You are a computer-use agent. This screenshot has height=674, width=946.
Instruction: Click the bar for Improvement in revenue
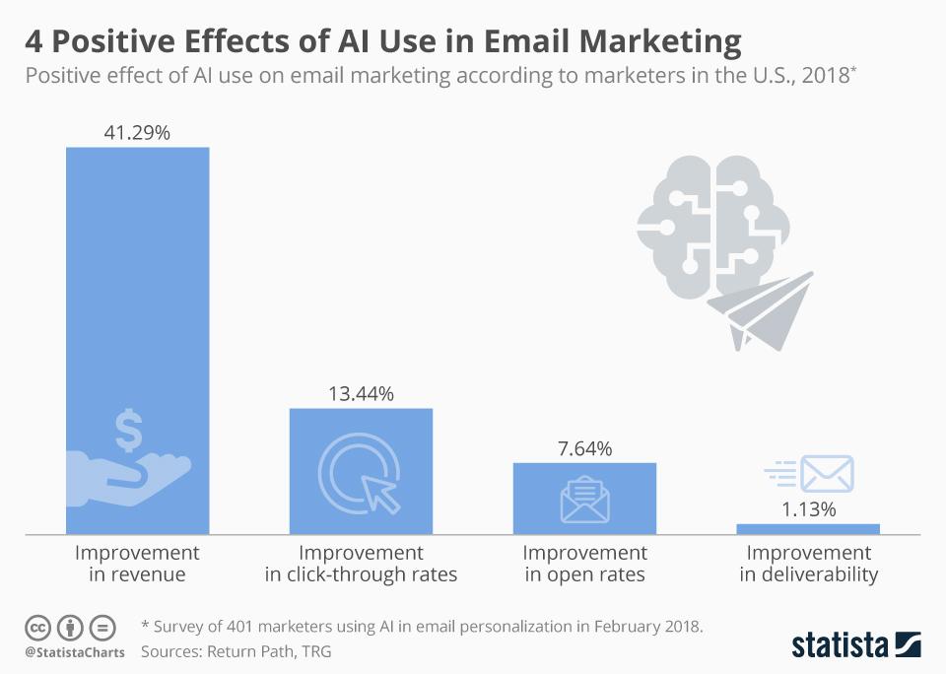tap(137, 296)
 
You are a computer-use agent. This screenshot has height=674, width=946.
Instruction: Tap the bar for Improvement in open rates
tap(584, 498)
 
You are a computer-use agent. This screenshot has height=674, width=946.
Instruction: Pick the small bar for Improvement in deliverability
tap(808, 529)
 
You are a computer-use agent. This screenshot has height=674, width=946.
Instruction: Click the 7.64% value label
tap(584, 448)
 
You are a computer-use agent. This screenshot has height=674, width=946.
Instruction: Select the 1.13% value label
tap(808, 509)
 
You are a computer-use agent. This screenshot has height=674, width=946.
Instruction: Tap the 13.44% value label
tap(361, 394)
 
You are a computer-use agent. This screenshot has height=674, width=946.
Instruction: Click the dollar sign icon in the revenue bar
tap(128, 432)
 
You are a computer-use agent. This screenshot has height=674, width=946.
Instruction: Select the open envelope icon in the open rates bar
tap(584, 499)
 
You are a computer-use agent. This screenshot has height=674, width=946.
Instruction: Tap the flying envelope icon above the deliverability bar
tap(810, 474)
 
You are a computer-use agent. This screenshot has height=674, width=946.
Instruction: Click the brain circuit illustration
tap(712, 217)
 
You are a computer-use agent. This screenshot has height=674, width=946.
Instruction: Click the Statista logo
tap(855, 644)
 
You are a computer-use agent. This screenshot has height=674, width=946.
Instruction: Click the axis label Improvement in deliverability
tap(808, 564)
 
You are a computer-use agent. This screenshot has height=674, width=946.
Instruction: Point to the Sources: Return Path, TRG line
tap(236, 651)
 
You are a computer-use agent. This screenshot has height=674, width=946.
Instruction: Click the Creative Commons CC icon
tap(37, 627)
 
